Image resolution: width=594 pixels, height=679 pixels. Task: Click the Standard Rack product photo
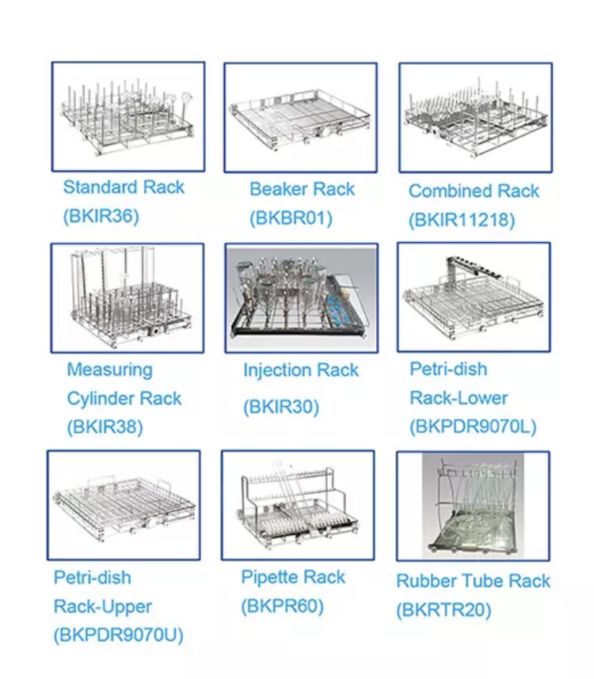pyautogui.click(x=128, y=116)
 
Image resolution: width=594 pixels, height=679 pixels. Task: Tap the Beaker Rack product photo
pyautogui.click(x=301, y=117)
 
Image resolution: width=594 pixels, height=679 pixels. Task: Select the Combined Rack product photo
pyautogui.click(x=476, y=117)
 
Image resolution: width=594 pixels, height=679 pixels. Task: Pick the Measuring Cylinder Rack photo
pyautogui.click(x=128, y=298)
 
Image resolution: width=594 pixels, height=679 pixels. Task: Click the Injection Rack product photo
pyautogui.click(x=302, y=298)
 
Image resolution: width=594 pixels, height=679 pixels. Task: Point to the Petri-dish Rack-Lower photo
pyautogui.click(x=474, y=297)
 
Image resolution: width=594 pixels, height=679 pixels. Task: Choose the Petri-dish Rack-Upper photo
pyautogui.click(x=124, y=505)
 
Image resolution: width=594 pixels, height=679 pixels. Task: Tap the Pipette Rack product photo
pyautogui.click(x=298, y=505)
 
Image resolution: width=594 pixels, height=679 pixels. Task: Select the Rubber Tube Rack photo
pyautogui.click(x=473, y=506)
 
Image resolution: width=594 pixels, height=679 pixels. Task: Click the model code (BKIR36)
pyautogui.click(x=101, y=216)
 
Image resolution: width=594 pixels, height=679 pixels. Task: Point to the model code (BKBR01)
pyautogui.click(x=291, y=218)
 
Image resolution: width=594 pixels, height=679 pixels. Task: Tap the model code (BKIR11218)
pyautogui.click(x=462, y=220)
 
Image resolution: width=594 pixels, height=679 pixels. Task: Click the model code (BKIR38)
pyautogui.click(x=105, y=427)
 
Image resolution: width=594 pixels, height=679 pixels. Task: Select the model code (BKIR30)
pyautogui.click(x=281, y=407)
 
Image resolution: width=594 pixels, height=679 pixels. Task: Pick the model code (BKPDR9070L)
pyautogui.click(x=473, y=427)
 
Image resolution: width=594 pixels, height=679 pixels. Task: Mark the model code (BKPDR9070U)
pyautogui.click(x=118, y=635)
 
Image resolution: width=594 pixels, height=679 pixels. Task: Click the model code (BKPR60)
pyautogui.click(x=283, y=606)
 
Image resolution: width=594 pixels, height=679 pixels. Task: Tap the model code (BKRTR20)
pyautogui.click(x=444, y=610)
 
